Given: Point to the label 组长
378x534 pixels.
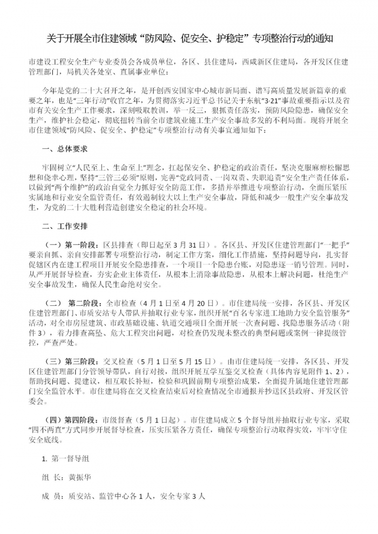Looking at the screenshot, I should pyautogui.click(x=52, y=477).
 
